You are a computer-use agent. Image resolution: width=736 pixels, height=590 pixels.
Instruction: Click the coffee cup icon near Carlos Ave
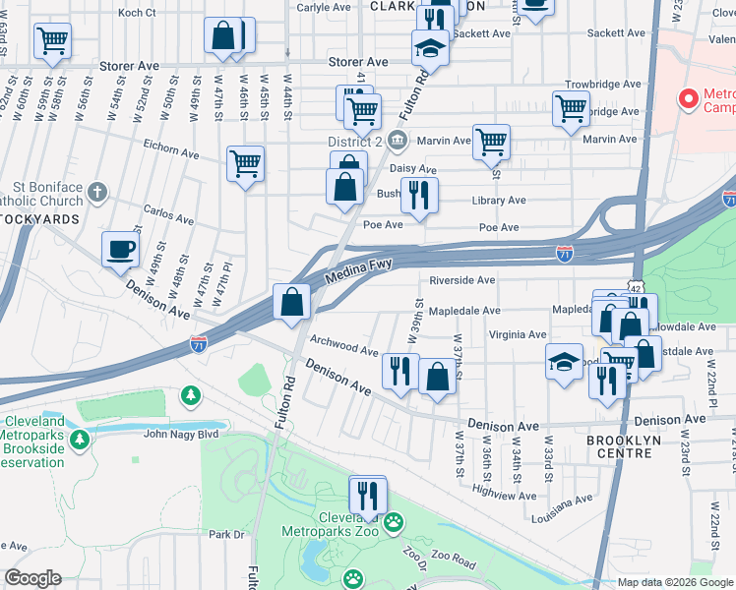click(121, 250)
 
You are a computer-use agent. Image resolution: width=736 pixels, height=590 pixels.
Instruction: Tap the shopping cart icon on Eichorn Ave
click(245, 163)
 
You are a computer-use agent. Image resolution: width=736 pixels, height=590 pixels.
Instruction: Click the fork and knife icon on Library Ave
click(419, 196)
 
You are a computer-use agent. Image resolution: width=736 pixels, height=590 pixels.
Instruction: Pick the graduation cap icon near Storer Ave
click(430, 47)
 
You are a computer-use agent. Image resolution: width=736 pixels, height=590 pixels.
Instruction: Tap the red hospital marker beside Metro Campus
click(688, 99)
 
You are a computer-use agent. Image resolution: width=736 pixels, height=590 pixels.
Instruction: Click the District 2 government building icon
click(397, 141)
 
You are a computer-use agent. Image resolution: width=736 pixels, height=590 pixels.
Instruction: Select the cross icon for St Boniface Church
click(96, 191)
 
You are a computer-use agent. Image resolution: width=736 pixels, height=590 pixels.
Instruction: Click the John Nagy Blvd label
click(186, 433)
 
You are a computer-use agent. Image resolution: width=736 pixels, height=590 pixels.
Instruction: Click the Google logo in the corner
click(32, 578)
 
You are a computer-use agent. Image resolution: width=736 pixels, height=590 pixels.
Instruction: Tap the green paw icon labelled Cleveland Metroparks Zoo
click(394, 521)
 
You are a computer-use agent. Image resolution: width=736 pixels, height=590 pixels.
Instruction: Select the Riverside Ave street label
click(461, 280)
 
